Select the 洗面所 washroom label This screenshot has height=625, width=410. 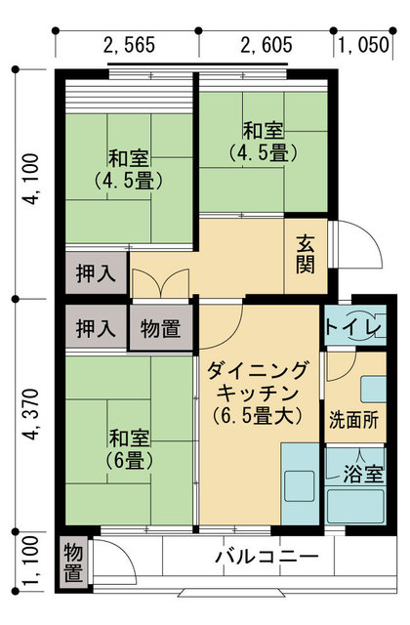coord(353,420)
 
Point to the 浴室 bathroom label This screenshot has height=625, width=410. coord(363,474)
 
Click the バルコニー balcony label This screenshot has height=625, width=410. coord(266,556)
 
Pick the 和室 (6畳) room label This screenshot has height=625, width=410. coord(129,449)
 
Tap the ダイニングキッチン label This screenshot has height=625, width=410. coord(257,393)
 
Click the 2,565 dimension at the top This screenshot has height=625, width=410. coord(129,45)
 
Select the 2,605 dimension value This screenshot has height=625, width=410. coord(266,45)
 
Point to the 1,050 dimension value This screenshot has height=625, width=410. coord(363,45)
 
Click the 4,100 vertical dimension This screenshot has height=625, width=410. coord(31,179)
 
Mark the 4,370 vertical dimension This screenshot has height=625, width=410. coord(31,414)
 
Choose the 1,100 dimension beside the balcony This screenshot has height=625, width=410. coord(31,562)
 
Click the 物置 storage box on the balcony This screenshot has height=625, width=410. coord(74,562)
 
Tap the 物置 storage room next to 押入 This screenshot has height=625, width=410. coord(161,328)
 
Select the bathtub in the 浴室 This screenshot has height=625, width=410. coord(355,506)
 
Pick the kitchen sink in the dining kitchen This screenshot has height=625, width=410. coord(300,486)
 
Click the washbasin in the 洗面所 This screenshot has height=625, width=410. coord(373,389)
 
